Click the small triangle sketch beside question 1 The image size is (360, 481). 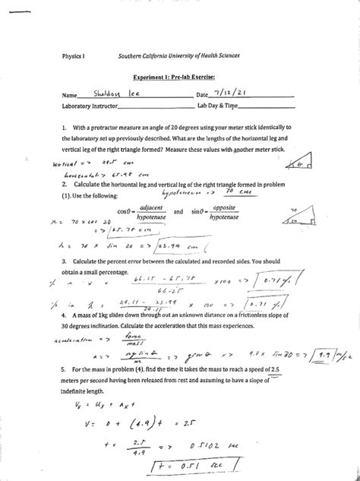[x=302, y=161]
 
